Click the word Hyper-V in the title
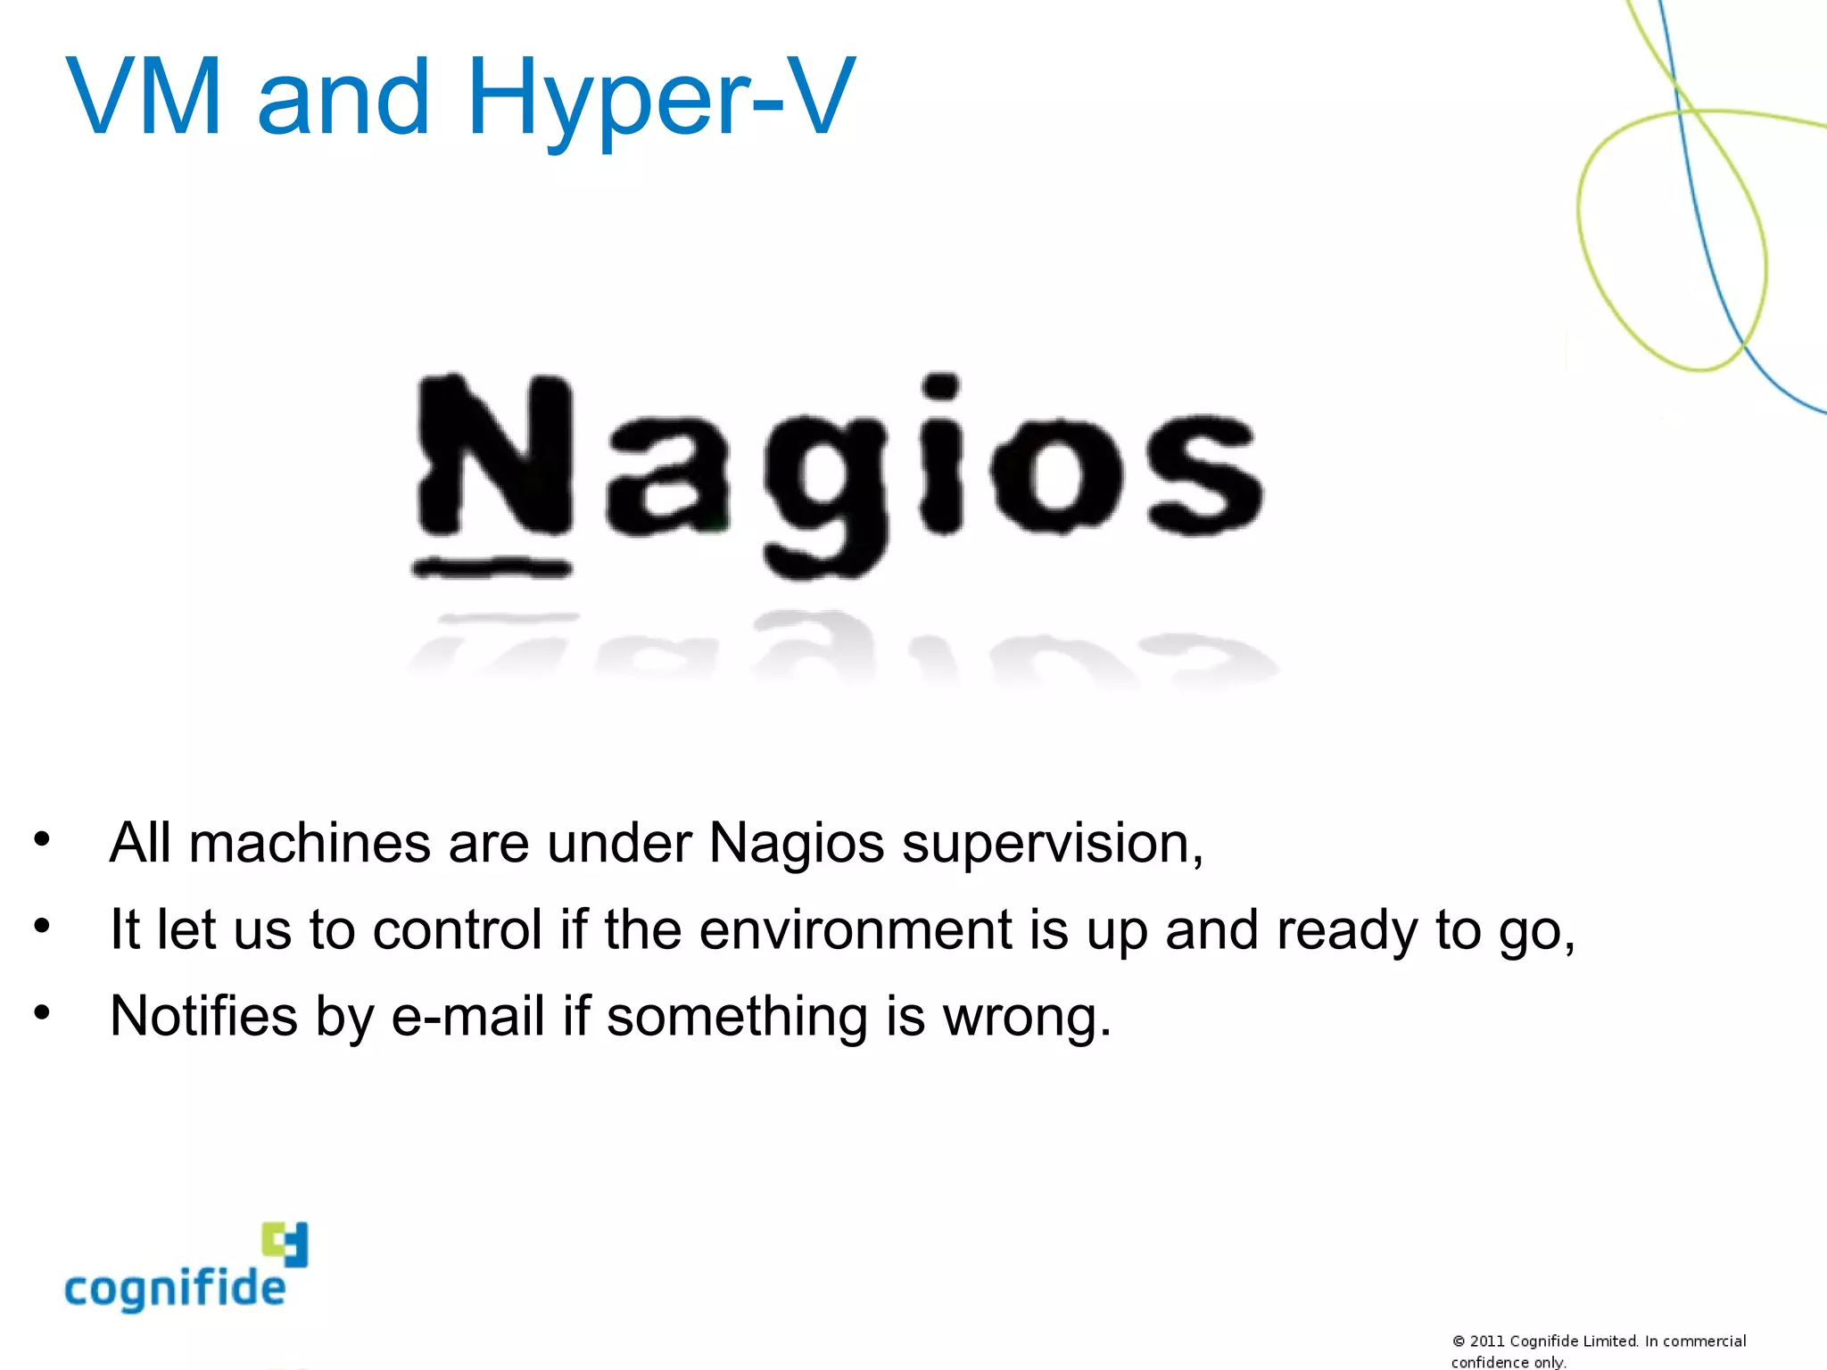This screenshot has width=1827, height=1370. pos(660,98)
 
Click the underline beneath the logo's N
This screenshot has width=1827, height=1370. pos(491,567)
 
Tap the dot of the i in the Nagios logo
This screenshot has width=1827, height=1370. pos(940,386)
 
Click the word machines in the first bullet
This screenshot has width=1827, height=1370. pos(310,843)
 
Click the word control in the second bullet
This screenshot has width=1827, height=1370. pos(457,929)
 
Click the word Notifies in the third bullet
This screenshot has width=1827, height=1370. pos(203,1016)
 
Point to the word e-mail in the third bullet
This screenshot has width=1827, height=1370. pos(467,1016)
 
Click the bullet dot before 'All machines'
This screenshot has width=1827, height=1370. pos(41,838)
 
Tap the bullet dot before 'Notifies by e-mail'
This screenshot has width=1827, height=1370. pos(41,1012)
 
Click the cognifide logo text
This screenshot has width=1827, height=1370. pos(175,1289)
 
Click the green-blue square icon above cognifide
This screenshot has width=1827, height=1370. pos(285,1243)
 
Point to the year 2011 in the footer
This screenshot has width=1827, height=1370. pos(1487,1341)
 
